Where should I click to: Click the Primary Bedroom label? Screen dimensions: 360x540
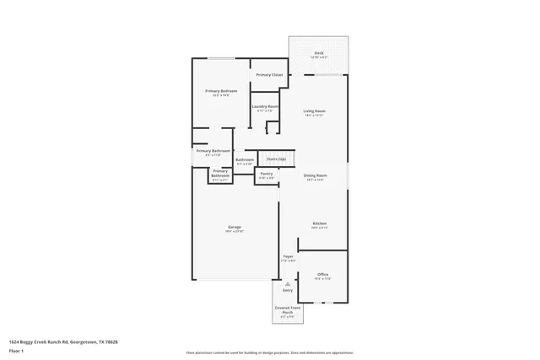221,90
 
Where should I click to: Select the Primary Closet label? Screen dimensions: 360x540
269,75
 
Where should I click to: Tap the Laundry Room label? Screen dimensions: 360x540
265,106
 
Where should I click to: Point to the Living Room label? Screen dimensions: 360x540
315,110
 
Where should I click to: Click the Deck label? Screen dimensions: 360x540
319,52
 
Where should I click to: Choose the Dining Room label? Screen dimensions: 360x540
315,175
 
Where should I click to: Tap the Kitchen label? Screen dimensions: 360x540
320,223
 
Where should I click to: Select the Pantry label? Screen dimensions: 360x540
266,174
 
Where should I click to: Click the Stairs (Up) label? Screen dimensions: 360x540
276,159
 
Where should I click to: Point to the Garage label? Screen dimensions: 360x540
235,227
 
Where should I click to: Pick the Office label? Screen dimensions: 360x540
322,274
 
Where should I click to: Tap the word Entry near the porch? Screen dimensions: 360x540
288,291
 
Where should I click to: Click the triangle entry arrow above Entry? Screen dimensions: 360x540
288,284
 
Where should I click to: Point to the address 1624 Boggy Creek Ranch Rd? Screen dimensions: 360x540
62,341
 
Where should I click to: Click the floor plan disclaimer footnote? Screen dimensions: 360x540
270,352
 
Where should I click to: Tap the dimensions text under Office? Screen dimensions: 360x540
322,279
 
